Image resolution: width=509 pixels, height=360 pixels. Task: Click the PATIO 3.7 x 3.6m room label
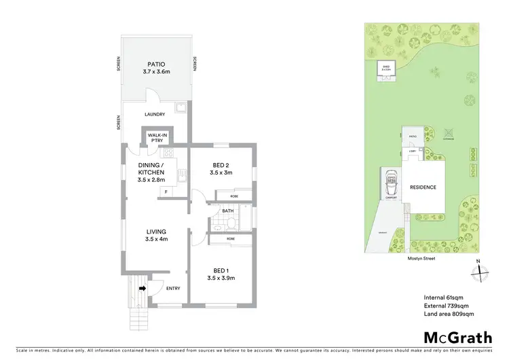157,68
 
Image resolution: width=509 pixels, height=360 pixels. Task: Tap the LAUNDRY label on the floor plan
156,115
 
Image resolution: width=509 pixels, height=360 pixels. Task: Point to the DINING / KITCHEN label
151,168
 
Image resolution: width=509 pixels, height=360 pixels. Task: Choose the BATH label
227,211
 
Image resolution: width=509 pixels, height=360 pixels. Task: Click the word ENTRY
173,289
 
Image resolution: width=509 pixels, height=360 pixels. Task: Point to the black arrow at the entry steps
143,288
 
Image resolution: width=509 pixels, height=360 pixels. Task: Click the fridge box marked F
166,192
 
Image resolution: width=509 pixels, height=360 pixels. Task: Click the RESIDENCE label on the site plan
422,187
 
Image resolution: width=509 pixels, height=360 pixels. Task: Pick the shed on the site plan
387,70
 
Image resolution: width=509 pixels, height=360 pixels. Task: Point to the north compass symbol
479,270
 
